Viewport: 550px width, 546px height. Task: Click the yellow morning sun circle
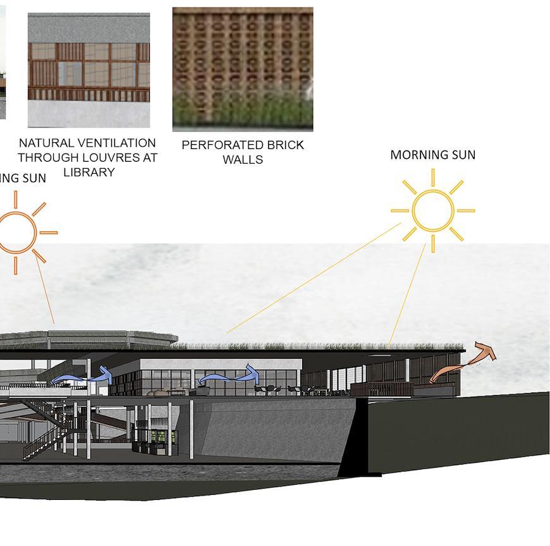click(x=432, y=210)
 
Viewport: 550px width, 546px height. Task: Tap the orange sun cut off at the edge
click(x=16, y=233)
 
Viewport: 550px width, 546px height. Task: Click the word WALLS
click(x=243, y=160)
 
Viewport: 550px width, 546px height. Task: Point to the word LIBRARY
click(x=89, y=172)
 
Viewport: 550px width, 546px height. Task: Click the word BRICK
click(x=285, y=145)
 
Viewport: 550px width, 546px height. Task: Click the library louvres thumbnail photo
click(x=89, y=70)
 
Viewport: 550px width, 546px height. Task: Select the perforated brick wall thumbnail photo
click(x=243, y=69)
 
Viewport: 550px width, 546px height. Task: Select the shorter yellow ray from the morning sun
click(x=408, y=294)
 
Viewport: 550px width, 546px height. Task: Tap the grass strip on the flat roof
click(x=316, y=346)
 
